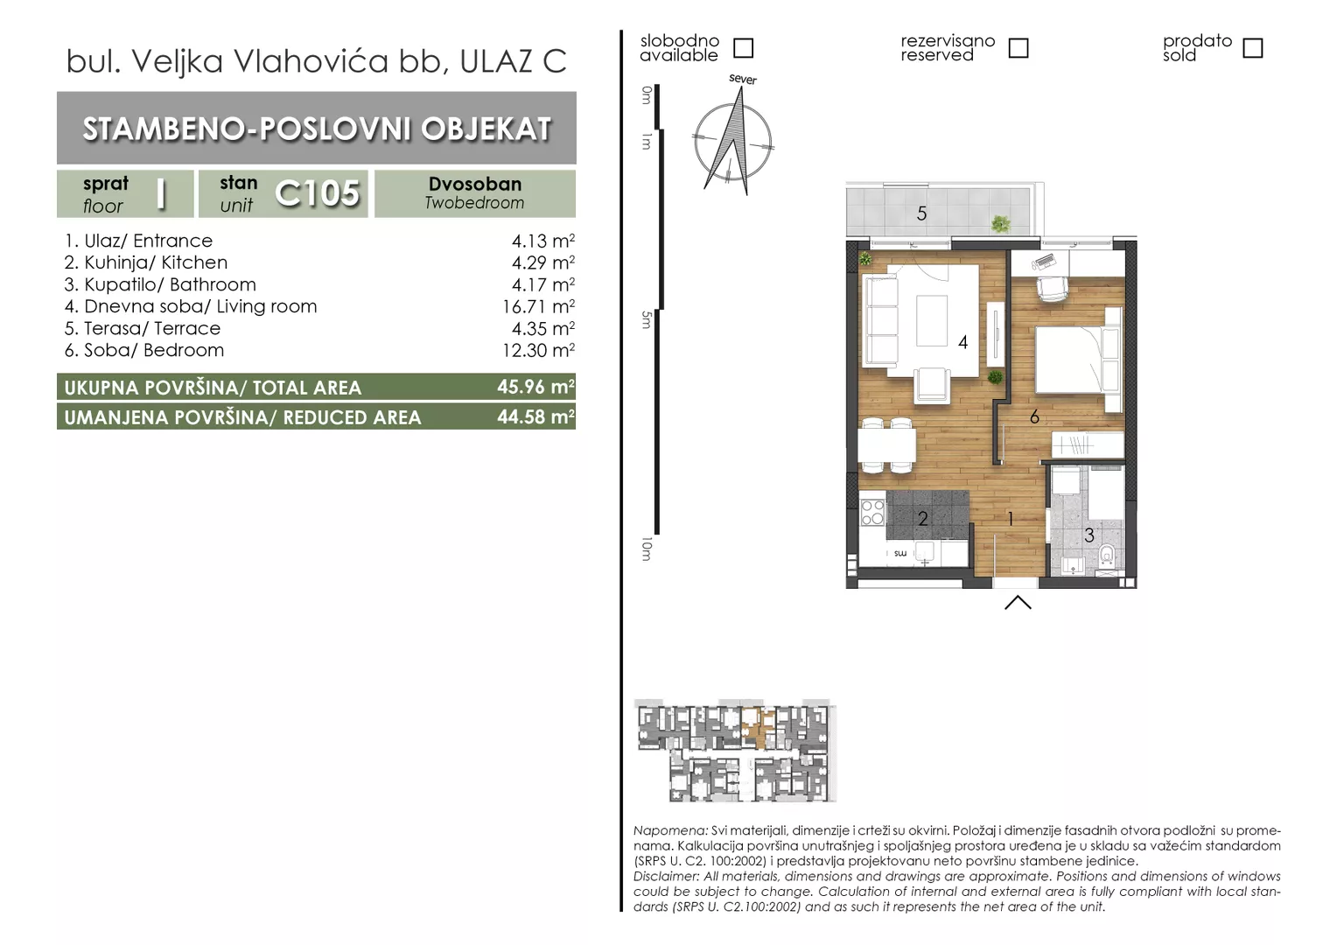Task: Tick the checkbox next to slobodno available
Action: click(x=743, y=48)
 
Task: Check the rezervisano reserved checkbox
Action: click(x=1018, y=48)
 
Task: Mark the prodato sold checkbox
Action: click(x=1253, y=48)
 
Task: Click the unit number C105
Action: click(x=317, y=193)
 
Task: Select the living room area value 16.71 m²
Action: click(x=538, y=306)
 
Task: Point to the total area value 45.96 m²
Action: click(x=536, y=387)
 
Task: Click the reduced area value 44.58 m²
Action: click(x=536, y=416)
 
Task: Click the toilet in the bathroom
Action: click(x=1107, y=556)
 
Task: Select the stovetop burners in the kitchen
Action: click(x=872, y=512)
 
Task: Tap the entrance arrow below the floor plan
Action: click(x=1018, y=602)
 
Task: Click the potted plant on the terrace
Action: click(x=1000, y=224)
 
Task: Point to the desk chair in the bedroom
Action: click(x=1053, y=289)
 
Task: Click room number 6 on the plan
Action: click(x=1034, y=416)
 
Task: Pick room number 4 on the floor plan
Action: click(x=962, y=342)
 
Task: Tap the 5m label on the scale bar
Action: click(x=646, y=320)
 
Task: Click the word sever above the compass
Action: click(x=743, y=79)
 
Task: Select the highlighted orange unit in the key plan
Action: click(x=757, y=728)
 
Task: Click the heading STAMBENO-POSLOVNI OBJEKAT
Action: click(x=317, y=129)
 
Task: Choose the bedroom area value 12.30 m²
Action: click(x=538, y=350)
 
